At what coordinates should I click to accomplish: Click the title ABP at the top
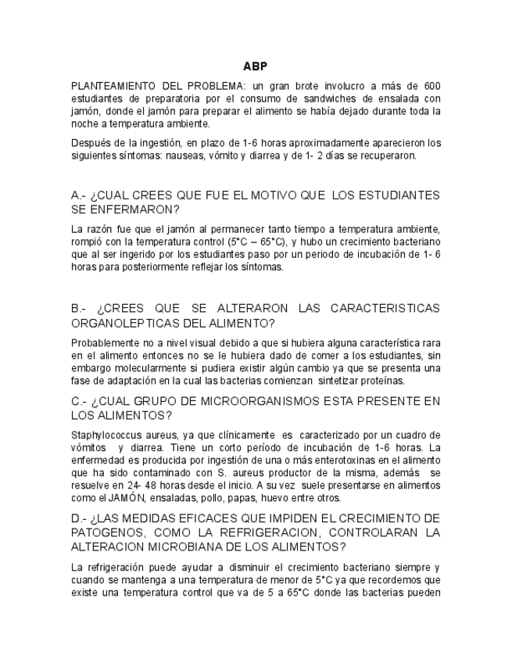256,66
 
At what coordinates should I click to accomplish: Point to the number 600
431,85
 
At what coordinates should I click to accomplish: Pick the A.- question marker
78,195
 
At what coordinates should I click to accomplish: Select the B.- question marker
78,308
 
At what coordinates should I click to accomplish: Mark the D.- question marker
78,518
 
